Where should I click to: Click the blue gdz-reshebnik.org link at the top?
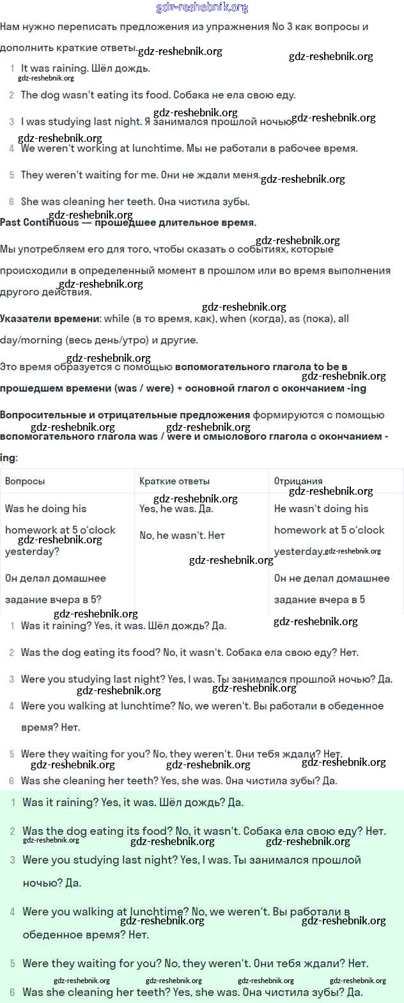202,8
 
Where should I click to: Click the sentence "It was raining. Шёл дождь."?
85,68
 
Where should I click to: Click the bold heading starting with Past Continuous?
128,223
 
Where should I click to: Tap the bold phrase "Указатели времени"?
50,318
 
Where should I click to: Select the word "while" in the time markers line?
116,318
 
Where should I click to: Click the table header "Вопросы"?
25,481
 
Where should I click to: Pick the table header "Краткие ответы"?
175,481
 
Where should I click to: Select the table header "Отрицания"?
298,481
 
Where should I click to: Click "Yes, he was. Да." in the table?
176,509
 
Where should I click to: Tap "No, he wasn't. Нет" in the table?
182,536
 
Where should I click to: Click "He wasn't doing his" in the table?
321,509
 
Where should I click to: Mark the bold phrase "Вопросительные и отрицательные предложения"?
125,415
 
